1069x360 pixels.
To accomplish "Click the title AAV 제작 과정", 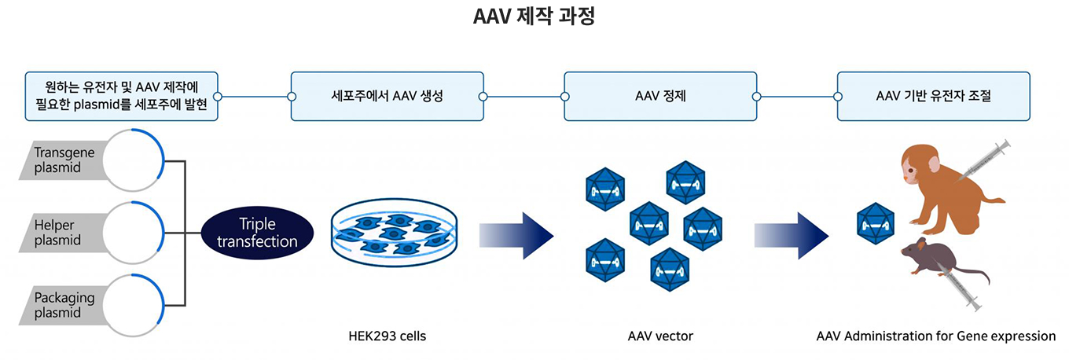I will click(x=534, y=17).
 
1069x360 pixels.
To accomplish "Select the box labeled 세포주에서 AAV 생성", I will click(x=387, y=97).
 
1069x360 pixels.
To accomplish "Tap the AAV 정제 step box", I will click(x=660, y=97).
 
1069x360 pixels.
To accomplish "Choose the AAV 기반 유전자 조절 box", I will click(x=933, y=97).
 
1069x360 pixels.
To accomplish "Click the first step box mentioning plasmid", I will click(x=121, y=97).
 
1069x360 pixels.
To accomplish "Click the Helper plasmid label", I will click(x=58, y=233).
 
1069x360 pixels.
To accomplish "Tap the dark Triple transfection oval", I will click(x=257, y=233).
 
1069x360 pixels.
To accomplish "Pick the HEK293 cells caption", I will click(x=388, y=336).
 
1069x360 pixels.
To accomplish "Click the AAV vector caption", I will click(x=660, y=336).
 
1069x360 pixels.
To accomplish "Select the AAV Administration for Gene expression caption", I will click(x=936, y=336).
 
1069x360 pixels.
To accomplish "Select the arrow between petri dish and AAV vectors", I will click(x=516, y=234).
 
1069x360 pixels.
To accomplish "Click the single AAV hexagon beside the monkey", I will click(x=875, y=222).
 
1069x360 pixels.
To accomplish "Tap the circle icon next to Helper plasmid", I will click(x=133, y=233).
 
